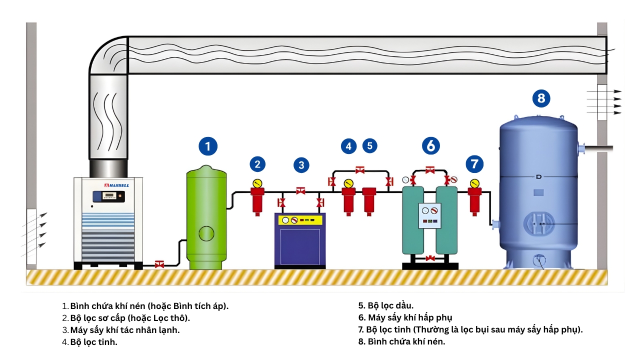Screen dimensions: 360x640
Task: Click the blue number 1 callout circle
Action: point(208,146)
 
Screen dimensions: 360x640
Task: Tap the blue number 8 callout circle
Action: point(541,98)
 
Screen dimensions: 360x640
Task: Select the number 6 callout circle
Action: point(430,145)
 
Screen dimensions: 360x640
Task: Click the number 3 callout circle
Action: point(301,164)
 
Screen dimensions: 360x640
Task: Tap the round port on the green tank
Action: point(206,233)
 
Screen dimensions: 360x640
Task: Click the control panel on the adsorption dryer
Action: point(430,215)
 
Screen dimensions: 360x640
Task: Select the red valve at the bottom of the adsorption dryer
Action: point(430,258)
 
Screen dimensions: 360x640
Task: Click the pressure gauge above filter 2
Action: point(257,182)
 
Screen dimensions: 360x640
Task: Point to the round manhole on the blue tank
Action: point(539,223)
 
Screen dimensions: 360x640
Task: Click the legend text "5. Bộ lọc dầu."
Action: point(386,305)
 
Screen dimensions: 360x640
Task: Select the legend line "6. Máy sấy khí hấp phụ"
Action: point(405,317)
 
